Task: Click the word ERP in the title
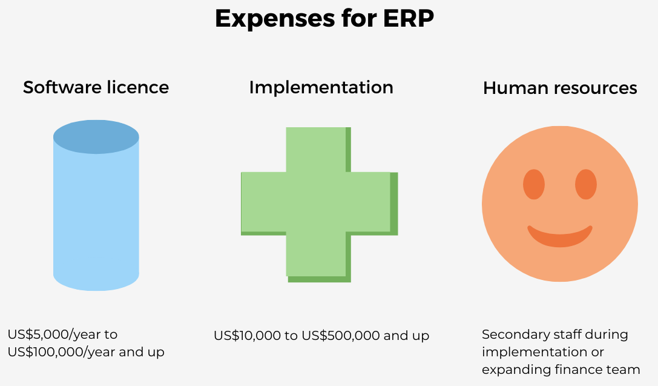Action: coord(409,18)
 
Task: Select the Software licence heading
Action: coord(96,87)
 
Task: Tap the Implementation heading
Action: coord(321,87)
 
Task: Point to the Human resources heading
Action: coord(560,88)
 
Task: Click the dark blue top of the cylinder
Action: coord(96,137)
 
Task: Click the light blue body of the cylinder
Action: coord(96,218)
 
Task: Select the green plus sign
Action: coord(320,204)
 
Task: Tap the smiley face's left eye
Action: coord(534,184)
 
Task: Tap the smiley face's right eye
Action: coord(586,184)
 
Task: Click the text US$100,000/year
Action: coord(61,352)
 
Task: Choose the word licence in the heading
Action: coord(137,87)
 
